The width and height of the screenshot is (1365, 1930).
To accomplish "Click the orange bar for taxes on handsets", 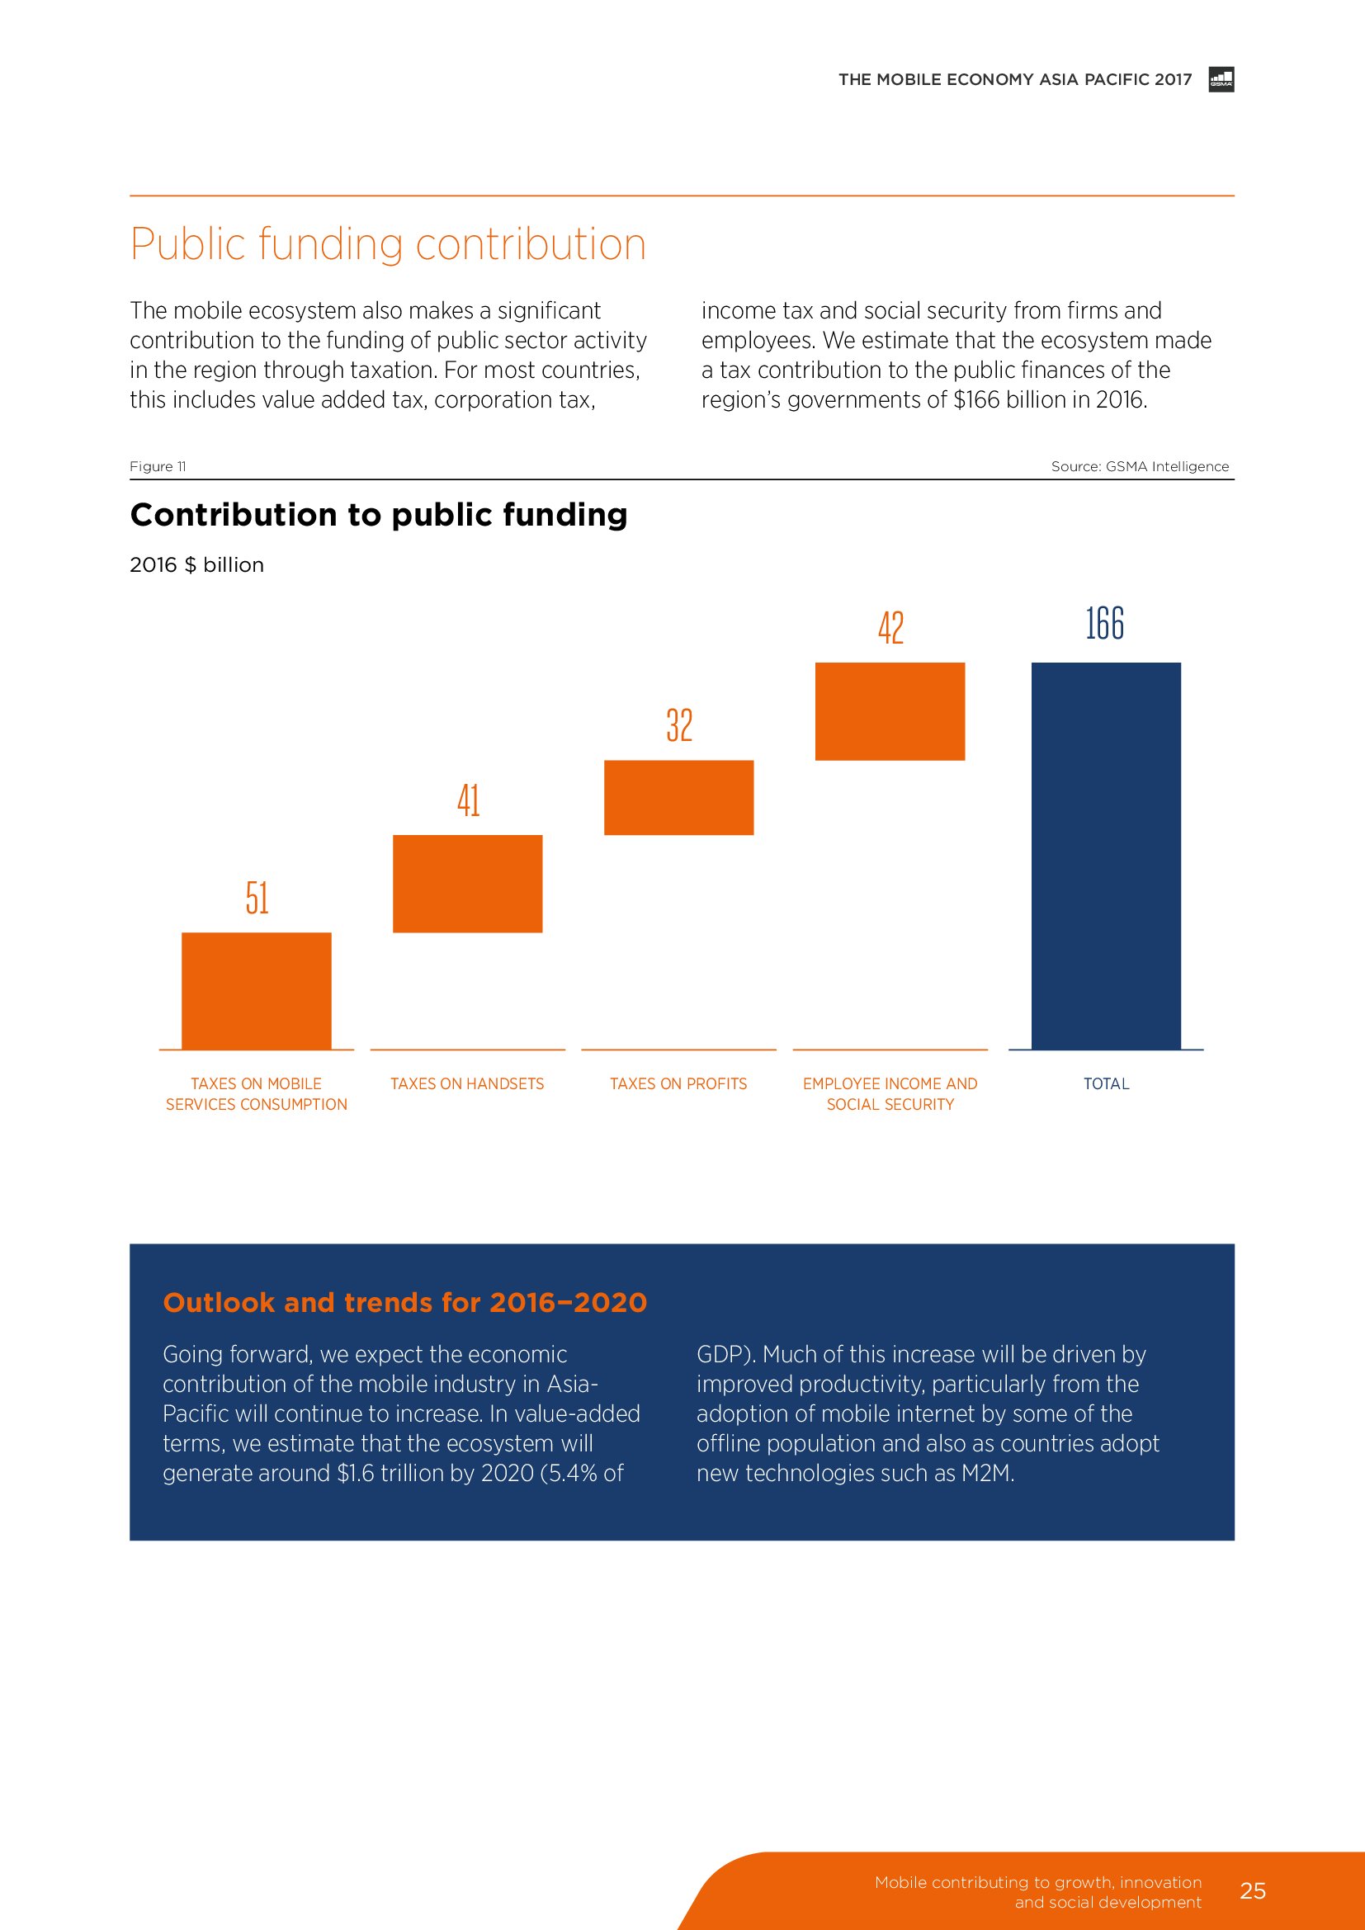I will click(467, 883).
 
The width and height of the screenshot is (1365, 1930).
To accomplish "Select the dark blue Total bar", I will click(1105, 855).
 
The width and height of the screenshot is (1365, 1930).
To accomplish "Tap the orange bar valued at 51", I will click(257, 990).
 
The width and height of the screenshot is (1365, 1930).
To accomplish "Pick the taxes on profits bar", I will click(678, 797).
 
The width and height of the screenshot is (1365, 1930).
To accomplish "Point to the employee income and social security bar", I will click(890, 711).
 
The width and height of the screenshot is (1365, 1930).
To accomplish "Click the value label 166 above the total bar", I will click(1104, 624).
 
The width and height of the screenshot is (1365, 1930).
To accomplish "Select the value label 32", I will click(679, 724).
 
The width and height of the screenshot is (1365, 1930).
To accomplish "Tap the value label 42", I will click(890, 628).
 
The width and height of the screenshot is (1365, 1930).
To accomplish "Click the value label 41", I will click(468, 800).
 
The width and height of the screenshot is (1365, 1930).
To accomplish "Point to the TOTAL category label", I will click(1105, 1083).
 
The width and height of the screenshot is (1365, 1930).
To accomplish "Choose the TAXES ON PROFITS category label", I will click(678, 1083).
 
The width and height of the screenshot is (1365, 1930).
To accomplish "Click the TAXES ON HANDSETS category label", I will click(467, 1083).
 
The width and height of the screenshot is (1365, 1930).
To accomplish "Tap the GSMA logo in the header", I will click(1221, 79).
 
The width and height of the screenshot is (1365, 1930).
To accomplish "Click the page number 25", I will click(1253, 1890).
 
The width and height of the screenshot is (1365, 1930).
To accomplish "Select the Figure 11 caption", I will click(158, 466).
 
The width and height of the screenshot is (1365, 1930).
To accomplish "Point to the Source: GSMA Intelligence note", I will click(1139, 466).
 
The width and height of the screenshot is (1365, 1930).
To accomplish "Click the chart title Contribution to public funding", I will click(378, 514).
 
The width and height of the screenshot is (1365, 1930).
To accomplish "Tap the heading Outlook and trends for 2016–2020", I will click(404, 1302).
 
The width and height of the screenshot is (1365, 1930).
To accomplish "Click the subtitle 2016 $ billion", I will click(196, 565).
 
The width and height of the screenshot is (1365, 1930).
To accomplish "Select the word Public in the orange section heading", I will click(187, 244).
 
